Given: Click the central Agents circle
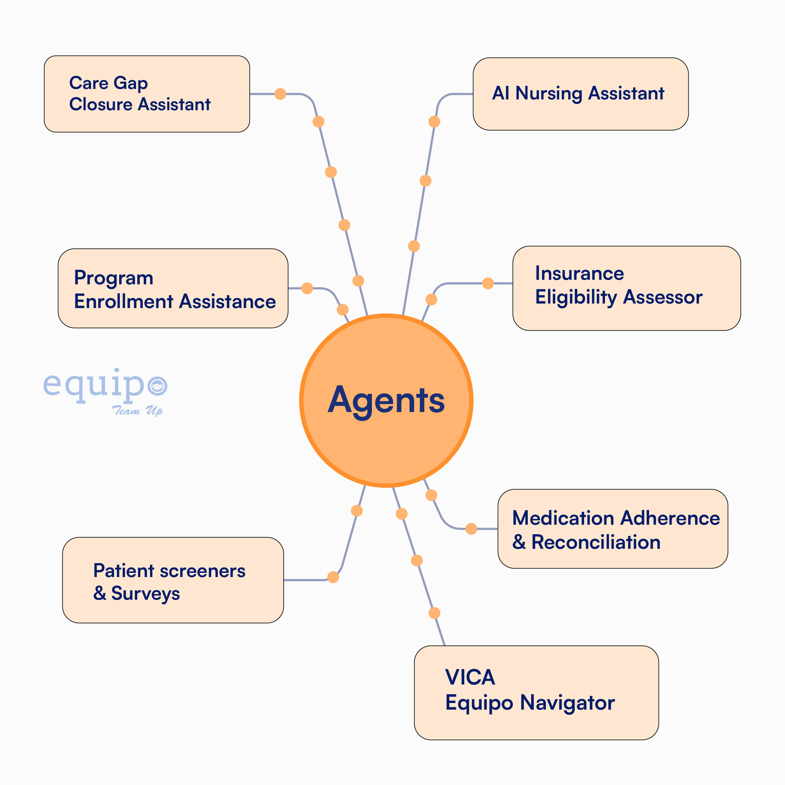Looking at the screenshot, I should pyautogui.click(x=386, y=400).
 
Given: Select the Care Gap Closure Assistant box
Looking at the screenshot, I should pyautogui.click(x=147, y=94).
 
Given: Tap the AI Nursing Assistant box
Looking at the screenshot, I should pyautogui.click(x=580, y=94).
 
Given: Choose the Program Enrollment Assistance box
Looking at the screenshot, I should pyautogui.click(x=173, y=288).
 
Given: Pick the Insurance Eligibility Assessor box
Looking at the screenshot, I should pyautogui.click(x=626, y=288).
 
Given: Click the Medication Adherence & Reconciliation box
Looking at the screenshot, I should pyautogui.click(x=612, y=529).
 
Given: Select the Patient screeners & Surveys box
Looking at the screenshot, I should pyautogui.click(x=173, y=580).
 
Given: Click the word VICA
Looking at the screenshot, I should pyautogui.click(x=470, y=677).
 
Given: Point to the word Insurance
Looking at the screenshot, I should pyautogui.click(x=579, y=274).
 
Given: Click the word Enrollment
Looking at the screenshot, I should pyautogui.click(x=124, y=301).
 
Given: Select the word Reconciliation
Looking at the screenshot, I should pyautogui.click(x=596, y=542).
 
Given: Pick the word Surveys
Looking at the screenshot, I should pyautogui.click(x=145, y=593).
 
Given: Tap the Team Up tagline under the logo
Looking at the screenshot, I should pyautogui.click(x=137, y=410).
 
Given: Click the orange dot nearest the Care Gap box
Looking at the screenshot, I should pyautogui.click(x=280, y=94).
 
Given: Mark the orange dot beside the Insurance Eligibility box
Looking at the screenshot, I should pyautogui.click(x=488, y=283).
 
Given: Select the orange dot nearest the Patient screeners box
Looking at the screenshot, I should pyautogui.click(x=333, y=577).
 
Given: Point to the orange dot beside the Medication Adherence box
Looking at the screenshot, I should pyautogui.click(x=471, y=529).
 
